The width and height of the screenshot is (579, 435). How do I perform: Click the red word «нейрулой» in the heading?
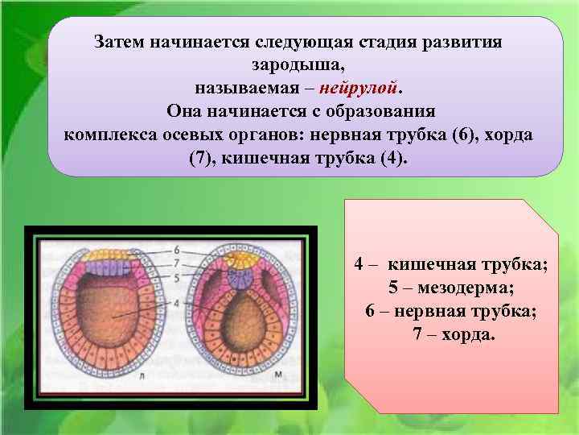(360, 87)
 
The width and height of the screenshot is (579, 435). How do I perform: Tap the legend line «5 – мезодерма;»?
(451, 287)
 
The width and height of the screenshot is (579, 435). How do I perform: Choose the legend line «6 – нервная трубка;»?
(451, 310)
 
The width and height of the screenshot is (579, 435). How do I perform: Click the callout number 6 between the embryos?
(175, 251)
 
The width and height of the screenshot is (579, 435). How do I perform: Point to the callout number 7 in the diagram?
(175, 263)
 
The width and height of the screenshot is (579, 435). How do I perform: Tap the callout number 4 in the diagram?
(175, 303)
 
